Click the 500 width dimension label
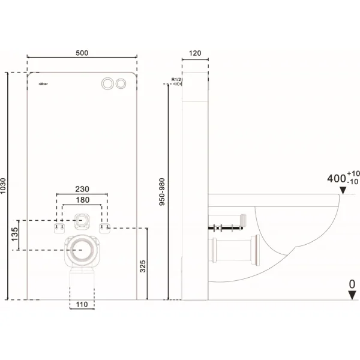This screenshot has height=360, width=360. pos(82,53)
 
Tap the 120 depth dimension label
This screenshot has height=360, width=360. pos(195,53)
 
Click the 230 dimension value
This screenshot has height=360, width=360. pos(82,188)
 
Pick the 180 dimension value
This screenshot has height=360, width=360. pos(82,200)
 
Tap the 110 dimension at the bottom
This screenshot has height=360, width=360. pos(82,305)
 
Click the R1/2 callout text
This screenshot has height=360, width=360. pos(176,80)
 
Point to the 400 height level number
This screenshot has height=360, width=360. pos(338,178)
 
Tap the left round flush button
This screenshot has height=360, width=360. pos(109,83)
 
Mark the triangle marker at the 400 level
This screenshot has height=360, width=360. pos(343,191)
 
